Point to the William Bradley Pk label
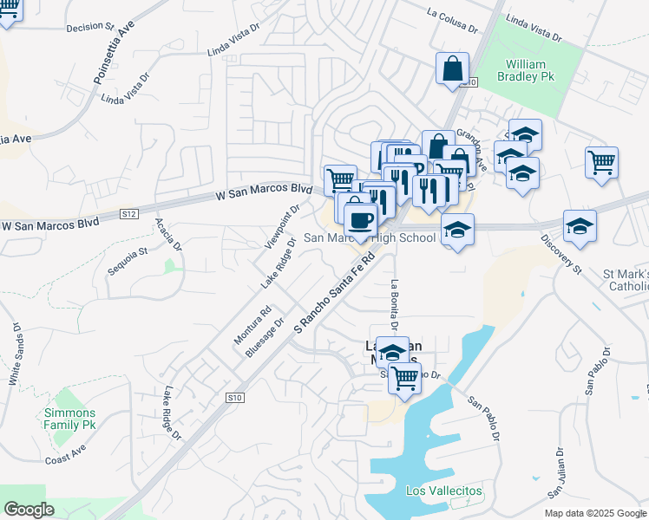point(527,71)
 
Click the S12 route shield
point(128,213)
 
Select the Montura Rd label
point(252,324)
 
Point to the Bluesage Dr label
point(265,337)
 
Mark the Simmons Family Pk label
point(70,419)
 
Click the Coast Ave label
point(68,458)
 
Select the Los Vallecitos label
point(444,491)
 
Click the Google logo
point(29,510)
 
